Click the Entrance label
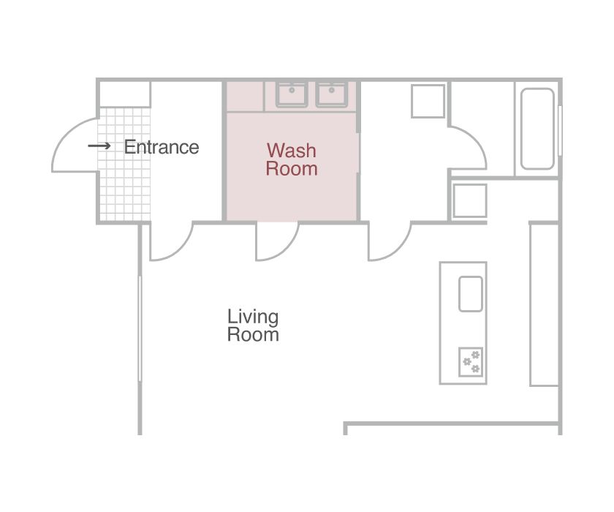162,147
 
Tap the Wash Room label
292,159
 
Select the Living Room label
253,325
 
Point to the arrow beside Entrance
99,146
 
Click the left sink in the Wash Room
292,94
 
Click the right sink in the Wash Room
332,94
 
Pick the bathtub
537,129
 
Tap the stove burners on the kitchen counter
471,361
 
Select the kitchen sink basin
471,294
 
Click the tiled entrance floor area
124,165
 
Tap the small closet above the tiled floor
124,94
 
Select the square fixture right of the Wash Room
428,101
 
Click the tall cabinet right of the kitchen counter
545,304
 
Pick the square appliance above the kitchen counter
469,200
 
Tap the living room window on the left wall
140,328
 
